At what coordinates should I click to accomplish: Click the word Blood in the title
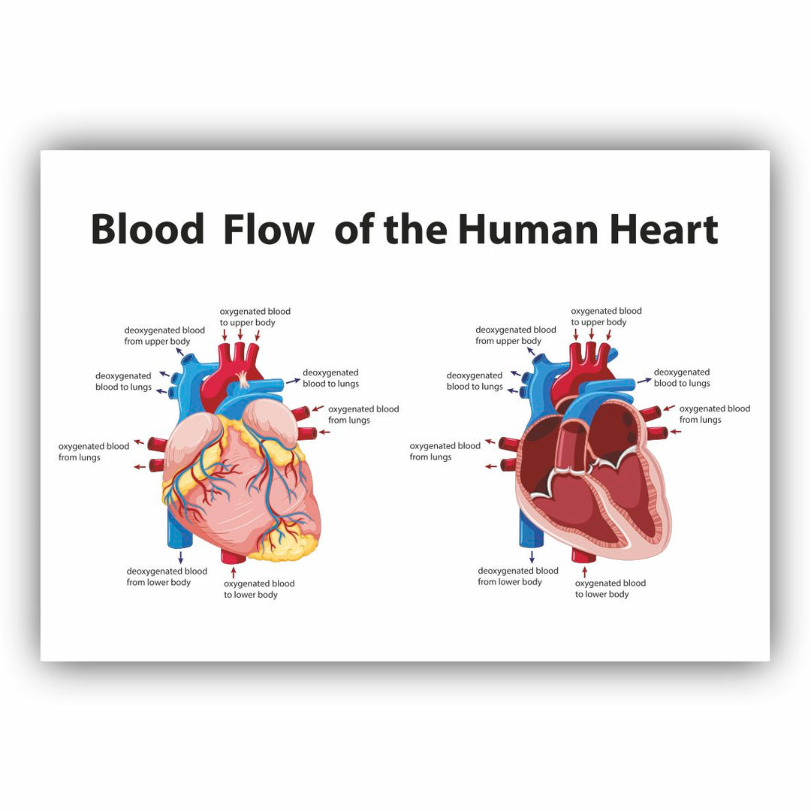147,229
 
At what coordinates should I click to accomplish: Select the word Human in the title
528,229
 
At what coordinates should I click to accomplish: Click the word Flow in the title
268,229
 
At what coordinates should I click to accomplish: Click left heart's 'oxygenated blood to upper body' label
255,317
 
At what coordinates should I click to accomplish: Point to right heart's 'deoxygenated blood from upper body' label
516,335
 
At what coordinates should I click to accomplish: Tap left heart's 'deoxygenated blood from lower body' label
167,577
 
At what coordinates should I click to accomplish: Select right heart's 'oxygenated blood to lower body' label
611,589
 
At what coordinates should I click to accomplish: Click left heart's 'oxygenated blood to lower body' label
259,589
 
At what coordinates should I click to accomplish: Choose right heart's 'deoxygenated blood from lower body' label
517,576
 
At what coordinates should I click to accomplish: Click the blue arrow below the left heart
180,557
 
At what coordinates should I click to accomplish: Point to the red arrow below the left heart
234,572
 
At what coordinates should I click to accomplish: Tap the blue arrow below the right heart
532,556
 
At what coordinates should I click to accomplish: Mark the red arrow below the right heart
584,571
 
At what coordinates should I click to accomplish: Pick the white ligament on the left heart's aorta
243,379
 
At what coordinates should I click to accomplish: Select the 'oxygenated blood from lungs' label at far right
715,414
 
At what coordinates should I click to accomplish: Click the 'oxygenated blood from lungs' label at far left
94,451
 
